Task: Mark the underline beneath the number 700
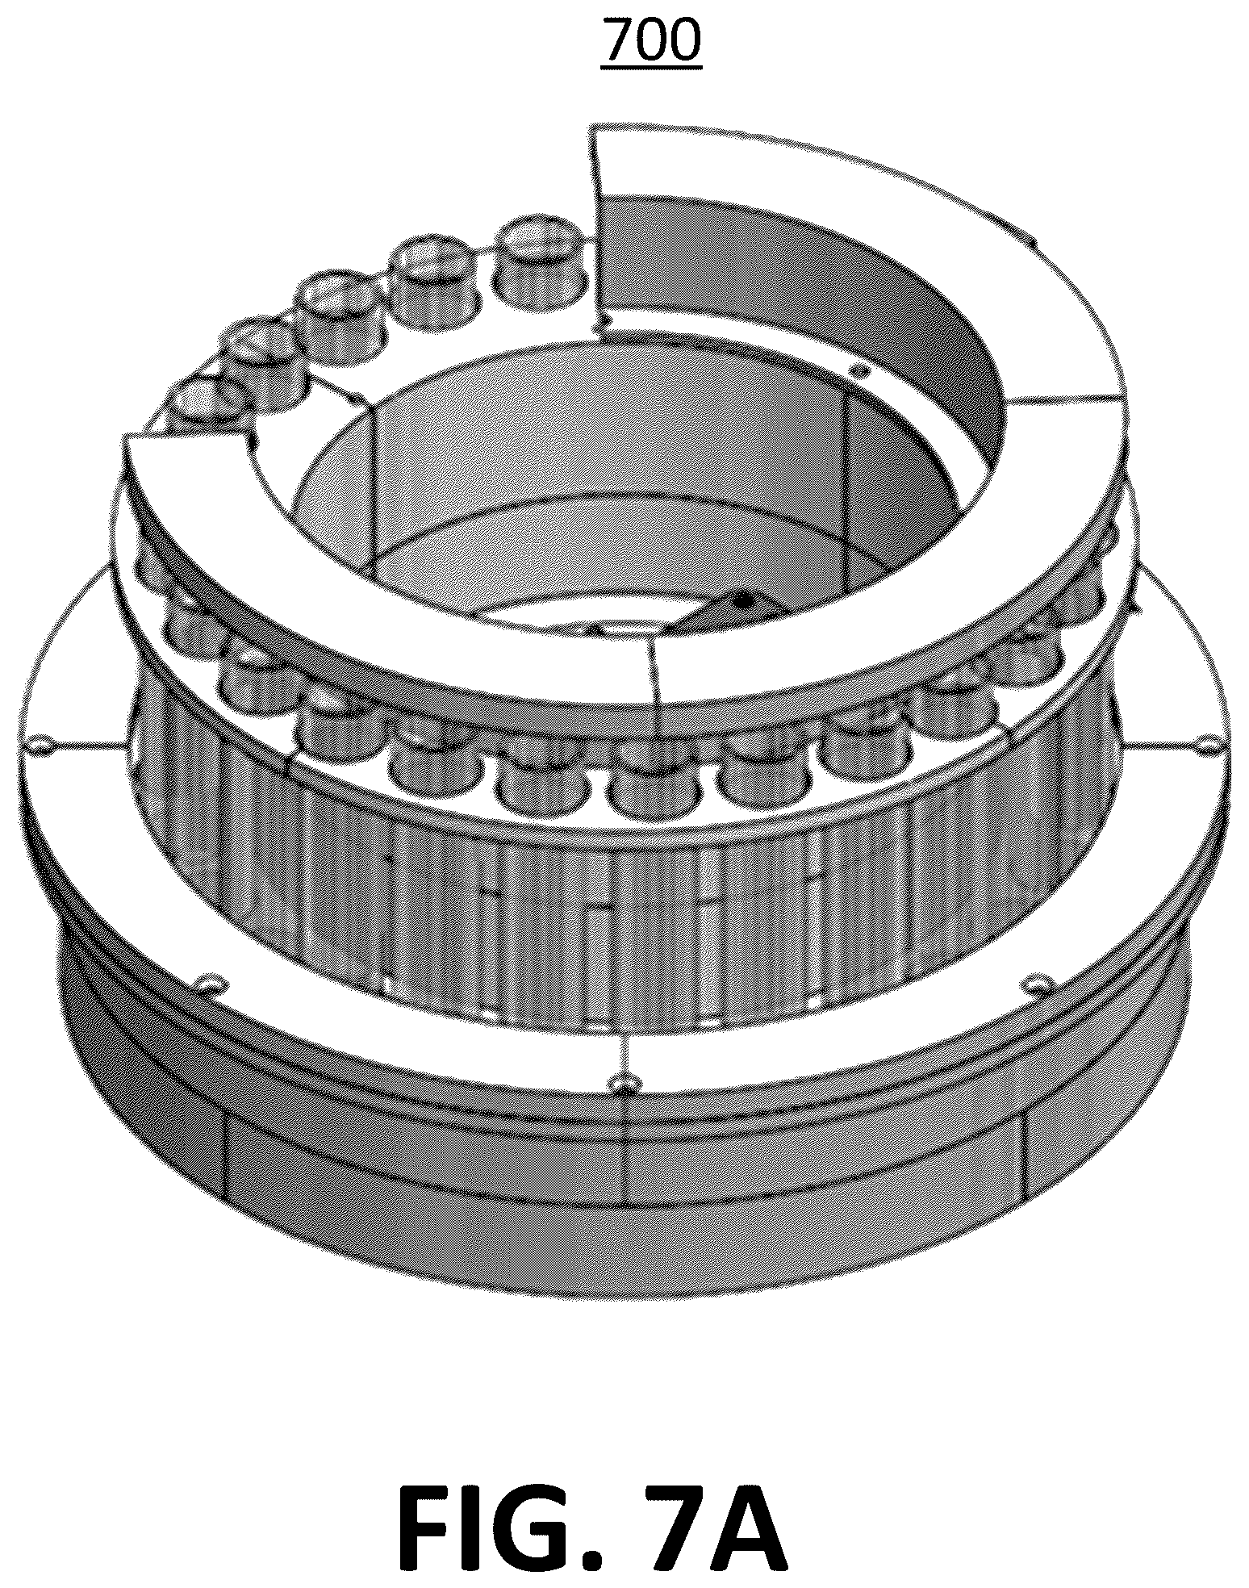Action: [651, 69]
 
